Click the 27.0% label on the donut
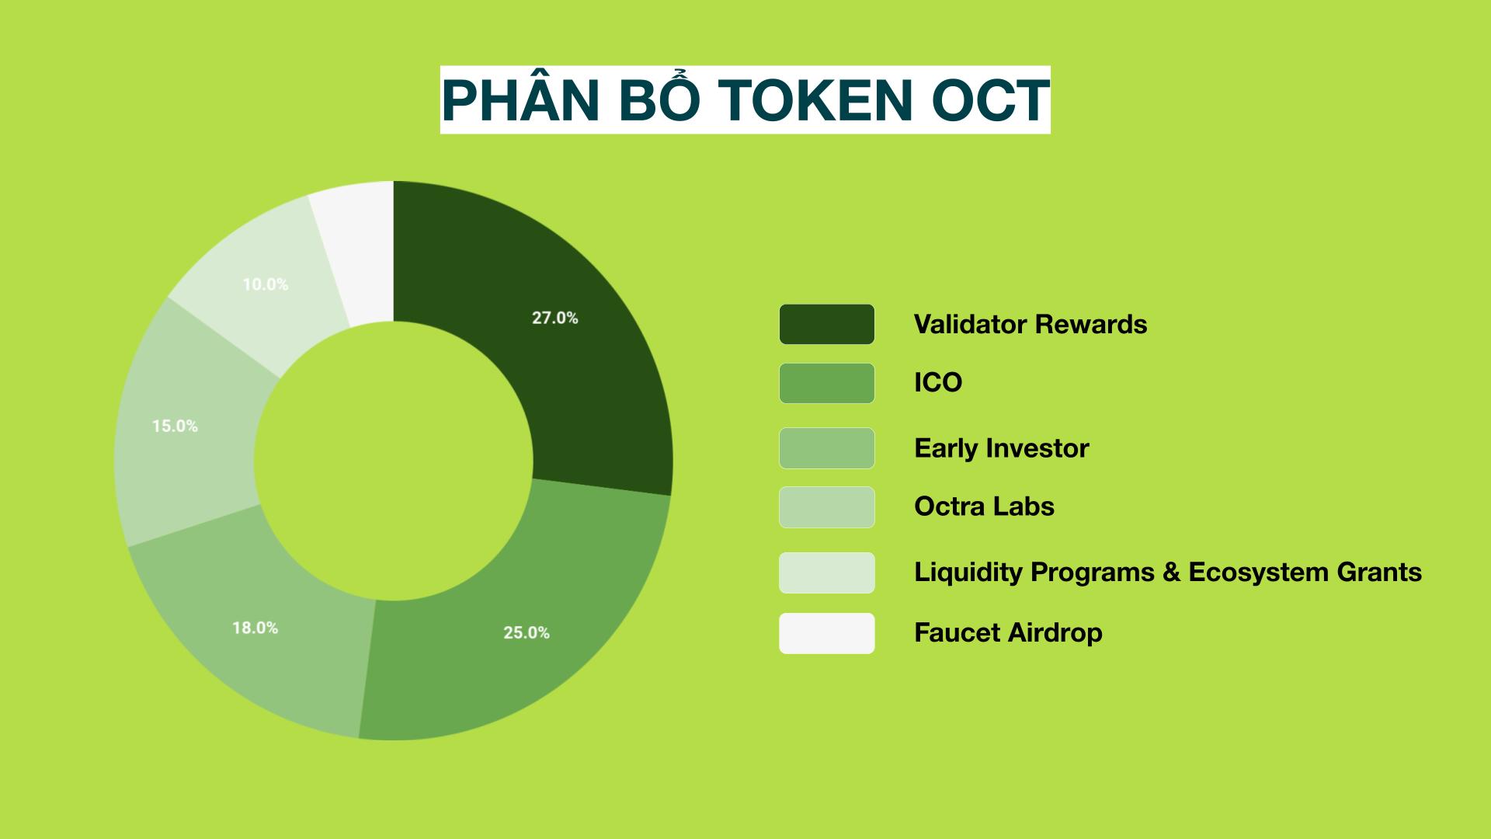click(554, 318)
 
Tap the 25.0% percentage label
click(527, 633)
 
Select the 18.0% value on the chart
click(255, 628)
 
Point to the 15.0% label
click(175, 426)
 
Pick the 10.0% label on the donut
click(266, 284)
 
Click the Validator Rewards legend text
click(1030, 324)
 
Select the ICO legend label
click(938, 382)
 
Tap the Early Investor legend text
click(1002, 448)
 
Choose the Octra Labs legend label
click(984, 507)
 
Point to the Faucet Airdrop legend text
click(1008, 632)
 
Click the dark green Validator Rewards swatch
click(827, 324)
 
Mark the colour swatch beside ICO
click(827, 383)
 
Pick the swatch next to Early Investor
click(827, 448)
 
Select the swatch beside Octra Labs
click(827, 507)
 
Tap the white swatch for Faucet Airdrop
click(827, 633)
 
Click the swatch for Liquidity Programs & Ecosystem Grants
click(827, 573)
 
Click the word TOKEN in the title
click(815, 100)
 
